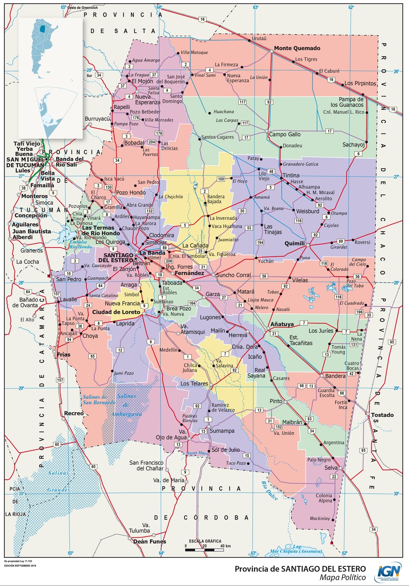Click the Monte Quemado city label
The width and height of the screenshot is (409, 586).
(297, 48)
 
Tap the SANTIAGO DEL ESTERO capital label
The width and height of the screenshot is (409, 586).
(115, 258)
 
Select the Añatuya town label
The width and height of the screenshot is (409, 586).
(282, 324)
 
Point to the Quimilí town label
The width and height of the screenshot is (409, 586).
(295, 243)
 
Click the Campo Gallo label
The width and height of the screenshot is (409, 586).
(285, 134)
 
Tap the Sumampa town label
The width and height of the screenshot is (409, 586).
(222, 431)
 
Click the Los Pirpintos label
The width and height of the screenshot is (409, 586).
(360, 83)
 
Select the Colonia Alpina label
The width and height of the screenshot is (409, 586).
(324, 498)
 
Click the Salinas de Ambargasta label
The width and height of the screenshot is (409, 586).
(126, 405)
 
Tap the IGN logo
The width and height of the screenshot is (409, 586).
(389, 571)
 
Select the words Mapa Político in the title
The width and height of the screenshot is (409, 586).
(343, 577)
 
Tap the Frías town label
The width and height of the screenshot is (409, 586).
(63, 355)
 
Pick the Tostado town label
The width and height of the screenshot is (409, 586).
(382, 415)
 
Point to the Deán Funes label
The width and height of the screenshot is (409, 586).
(150, 541)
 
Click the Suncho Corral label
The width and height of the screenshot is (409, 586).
(233, 275)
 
